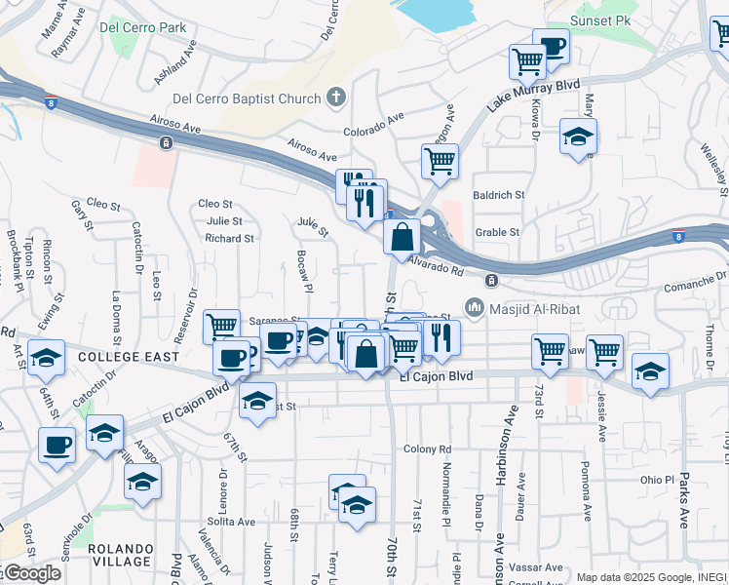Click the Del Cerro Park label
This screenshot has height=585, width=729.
click(x=142, y=27)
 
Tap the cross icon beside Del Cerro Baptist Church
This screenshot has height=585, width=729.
click(x=336, y=97)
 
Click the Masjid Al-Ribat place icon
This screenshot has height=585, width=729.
click(x=475, y=307)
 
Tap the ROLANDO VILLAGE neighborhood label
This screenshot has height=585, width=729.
click(x=120, y=555)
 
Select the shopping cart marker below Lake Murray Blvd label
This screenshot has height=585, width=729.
click(x=440, y=160)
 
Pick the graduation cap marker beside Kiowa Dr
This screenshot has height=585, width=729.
click(x=578, y=137)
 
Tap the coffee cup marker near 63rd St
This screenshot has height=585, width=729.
click(x=57, y=445)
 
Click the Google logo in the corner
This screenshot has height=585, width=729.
click(x=31, y=573)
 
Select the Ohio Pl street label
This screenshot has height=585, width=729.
click(x=657, y=480)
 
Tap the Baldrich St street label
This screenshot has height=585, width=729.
click(x=499, y=195)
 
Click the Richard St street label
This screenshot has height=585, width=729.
click(x=230, y=238)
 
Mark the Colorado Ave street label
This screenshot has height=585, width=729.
click(x=373, y=126)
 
